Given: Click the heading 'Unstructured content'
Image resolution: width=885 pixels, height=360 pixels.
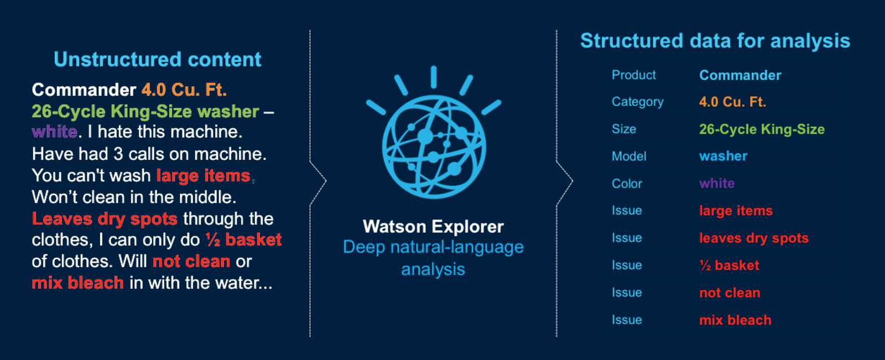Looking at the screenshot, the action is click(x=157, y=60).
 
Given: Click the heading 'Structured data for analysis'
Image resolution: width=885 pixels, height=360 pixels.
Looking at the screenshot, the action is click(x=715, y=41).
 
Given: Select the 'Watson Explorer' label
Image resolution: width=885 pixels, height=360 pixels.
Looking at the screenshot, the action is click(x=433, y=227).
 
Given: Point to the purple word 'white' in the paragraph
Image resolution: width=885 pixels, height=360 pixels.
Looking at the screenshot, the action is click(x=54, y=132).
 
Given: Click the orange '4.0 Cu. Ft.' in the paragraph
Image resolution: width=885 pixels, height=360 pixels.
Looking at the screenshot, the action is click(x=184, y=90).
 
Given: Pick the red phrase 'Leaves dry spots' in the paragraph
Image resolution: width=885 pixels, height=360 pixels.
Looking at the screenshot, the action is click(x=105, y=219).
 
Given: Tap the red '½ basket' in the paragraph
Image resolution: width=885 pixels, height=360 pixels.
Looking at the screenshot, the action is click(x=243, y=240).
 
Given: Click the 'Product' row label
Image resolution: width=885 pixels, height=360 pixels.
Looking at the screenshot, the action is click(x=633, y=75).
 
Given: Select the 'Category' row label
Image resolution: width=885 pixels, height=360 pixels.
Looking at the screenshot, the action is click(x=637, y=102).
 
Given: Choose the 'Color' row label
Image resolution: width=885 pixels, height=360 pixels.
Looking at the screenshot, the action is click(x=627, y=184).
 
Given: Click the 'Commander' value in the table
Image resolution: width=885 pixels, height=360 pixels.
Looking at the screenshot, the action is click(x=740, y=75).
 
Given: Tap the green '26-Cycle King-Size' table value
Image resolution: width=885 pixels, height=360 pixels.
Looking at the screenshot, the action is click(x=762, y=129).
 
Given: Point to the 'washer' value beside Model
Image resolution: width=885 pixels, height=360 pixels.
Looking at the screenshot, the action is click(x=723, y=156).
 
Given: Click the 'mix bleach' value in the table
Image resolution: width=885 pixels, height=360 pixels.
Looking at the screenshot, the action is click(x=735, y=320).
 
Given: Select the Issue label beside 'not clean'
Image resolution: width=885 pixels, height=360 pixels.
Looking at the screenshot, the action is click(x=627, y=293).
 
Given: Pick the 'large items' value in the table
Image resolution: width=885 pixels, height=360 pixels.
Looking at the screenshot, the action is click(x=736, y=211).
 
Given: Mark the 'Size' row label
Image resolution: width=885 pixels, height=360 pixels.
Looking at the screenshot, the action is click(x=624, y=129).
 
